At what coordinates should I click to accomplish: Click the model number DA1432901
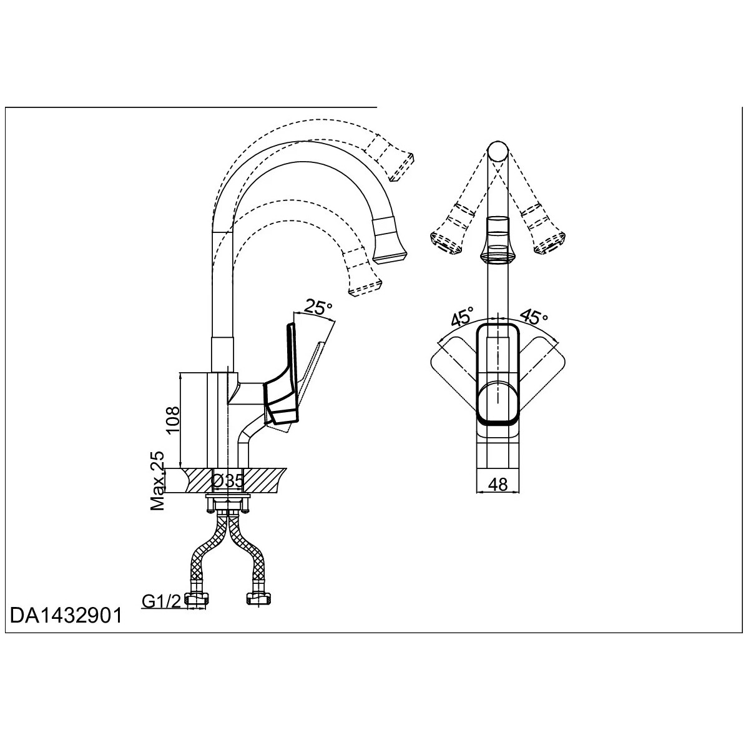coord(66,616)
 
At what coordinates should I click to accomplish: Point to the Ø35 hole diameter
coord(227,481)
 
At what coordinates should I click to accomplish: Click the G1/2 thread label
coord(161,602)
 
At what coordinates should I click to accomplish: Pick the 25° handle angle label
coord(317,307)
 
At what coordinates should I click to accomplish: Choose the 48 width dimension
coord(498,484)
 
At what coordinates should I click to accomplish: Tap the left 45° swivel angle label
coord(463,317)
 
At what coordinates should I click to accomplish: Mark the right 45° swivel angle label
coord(533,317)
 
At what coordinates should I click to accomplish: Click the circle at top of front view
coord(498,152)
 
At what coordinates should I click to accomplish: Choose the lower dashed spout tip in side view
coord(363,273)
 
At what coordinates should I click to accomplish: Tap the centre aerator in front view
coord(498,240)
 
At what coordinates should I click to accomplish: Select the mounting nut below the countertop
coord(227,503)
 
